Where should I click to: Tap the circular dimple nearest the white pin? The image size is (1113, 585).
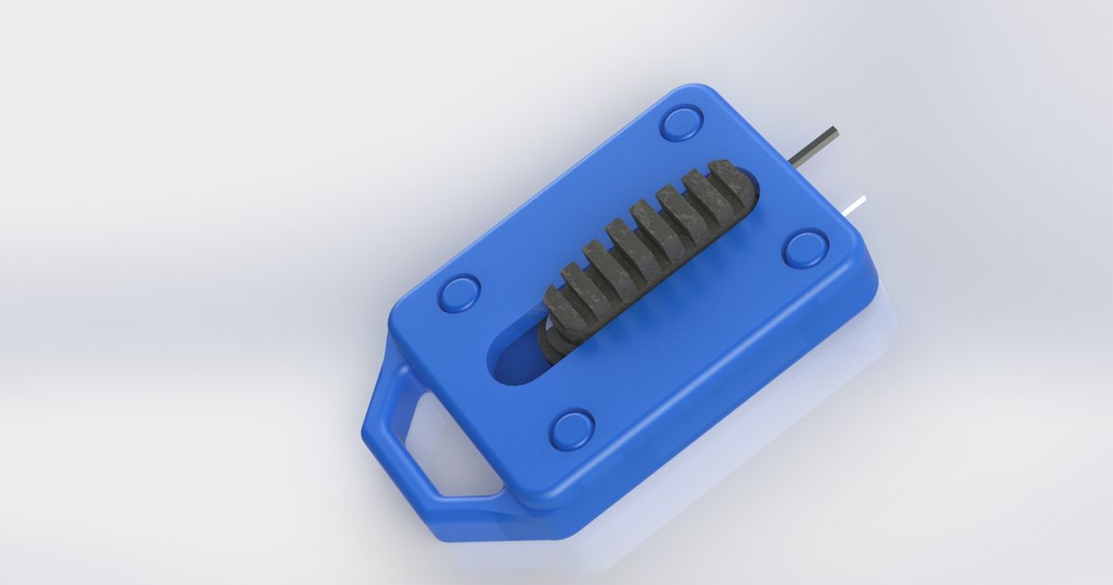click(x=805, y=249)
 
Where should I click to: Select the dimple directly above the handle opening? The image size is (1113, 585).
click(x=460, y=292)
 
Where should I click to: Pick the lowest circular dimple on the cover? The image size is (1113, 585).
click(x=572, y=429)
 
